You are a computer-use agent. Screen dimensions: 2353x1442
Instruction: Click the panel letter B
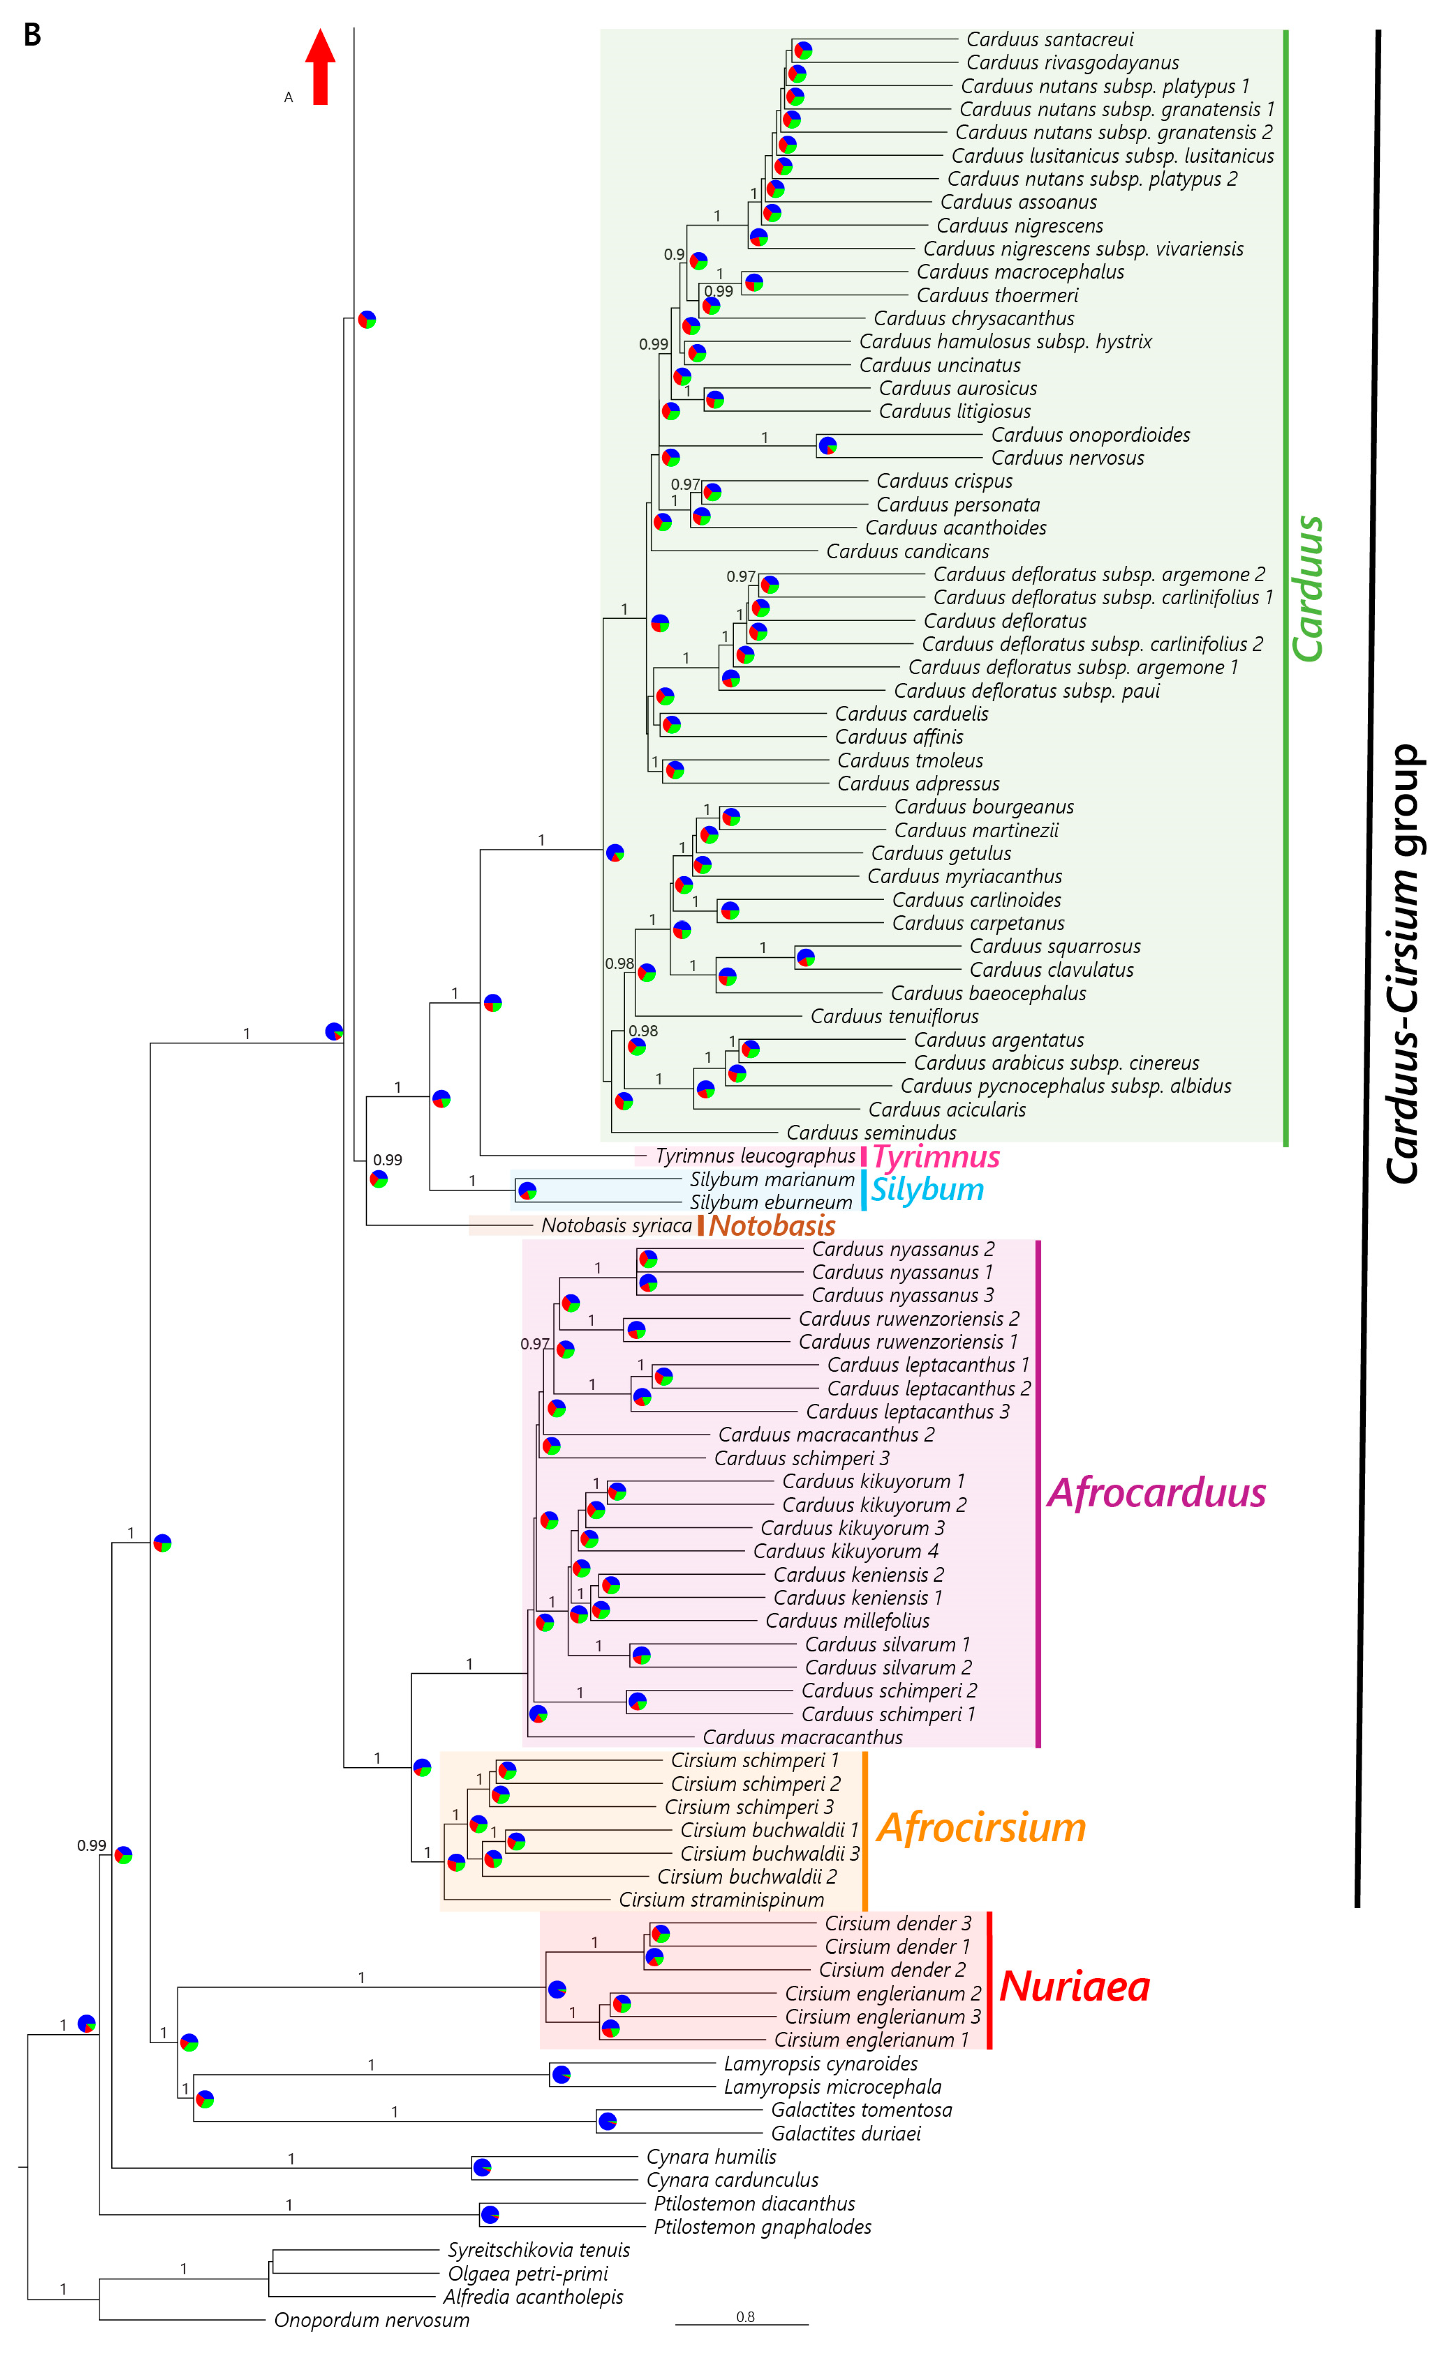(x=32, y=35)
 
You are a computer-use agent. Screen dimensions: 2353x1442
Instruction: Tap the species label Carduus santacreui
(x=1050, y=39)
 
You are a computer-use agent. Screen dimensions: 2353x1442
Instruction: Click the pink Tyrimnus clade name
(x=936, y=1156)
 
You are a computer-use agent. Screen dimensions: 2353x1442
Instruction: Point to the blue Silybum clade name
(x=926, y=1190)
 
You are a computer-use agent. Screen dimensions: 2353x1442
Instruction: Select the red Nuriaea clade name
(x=1075, y=1987)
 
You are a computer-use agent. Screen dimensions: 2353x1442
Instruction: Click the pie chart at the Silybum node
(x=526, y=1191)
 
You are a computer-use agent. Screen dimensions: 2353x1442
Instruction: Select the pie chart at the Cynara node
(x=482, y=2168)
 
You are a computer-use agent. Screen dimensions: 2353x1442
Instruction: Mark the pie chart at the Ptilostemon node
(x=490, y=2215)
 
